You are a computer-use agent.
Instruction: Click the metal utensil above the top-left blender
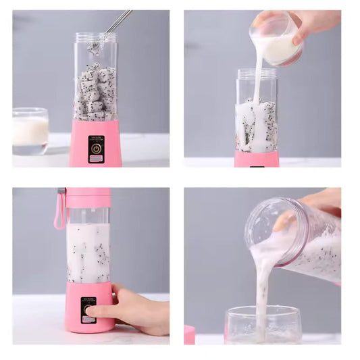click(x=119, y=21)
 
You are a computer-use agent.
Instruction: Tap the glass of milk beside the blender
click(x=30, y=130)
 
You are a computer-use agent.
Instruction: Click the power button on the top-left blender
click(x=96, y=147)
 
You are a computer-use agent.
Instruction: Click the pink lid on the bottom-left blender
click(x=88, y=197)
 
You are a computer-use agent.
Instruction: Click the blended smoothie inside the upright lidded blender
click(x=88, y=251)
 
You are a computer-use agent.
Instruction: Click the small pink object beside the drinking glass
click(x=189, y=334)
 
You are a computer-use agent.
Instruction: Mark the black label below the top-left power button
click(x=96, y=158)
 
